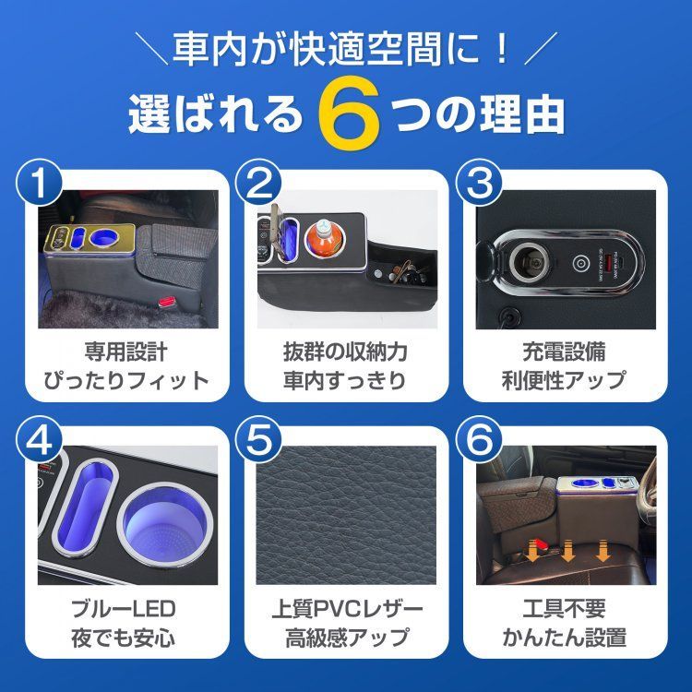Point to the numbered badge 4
(37, 442)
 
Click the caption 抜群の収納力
(345, 352)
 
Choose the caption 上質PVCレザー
(345, 609)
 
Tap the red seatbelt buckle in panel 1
(166, 302)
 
